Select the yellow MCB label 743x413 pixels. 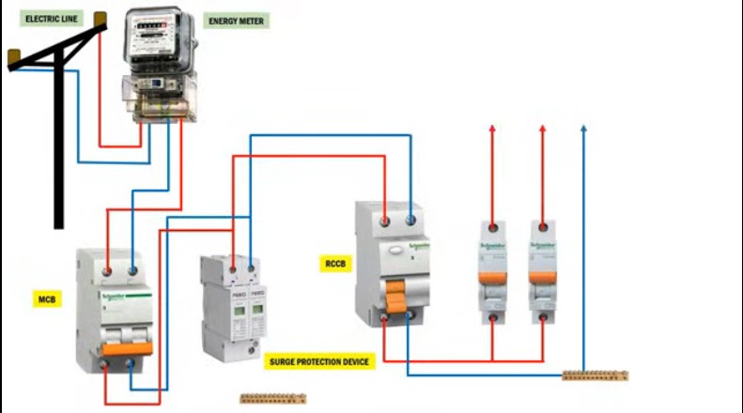coord(48,299)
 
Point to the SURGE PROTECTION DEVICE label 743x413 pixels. coord(320,360)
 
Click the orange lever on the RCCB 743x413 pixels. coord(396,303)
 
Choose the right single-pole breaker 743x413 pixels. coord(542,272)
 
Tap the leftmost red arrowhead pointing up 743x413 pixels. coord(492,129)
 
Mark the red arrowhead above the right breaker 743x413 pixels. coord(542,129)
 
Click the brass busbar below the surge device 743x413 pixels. coord(272,399)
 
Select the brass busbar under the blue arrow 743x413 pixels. coord(595,375)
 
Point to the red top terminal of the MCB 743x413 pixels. coord(109,270)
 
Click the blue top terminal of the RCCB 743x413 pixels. coord(410,221)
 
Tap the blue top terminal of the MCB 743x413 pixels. coord(132,270)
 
